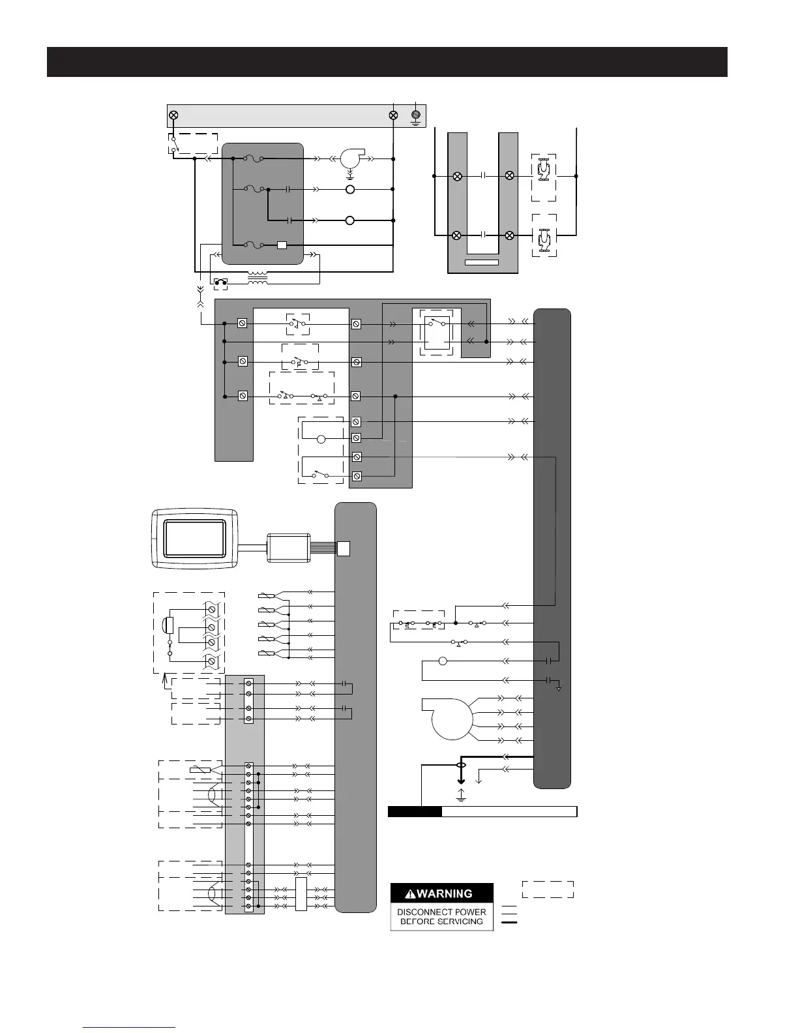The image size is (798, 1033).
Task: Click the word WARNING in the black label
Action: pyautogui.click(x=445, y=893)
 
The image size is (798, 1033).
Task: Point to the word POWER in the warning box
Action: pyautogui.click(x=470, y=912)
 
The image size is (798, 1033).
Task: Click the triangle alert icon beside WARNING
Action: pyautogui.click(x=410, y=894)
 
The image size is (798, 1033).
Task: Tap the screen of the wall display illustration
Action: pyautogui.click(x=194, y=539)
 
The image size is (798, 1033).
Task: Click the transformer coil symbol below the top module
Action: pyautogui.click(x=257, y=278)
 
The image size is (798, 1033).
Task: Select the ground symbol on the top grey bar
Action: pyautogui.click(x=415, y=117)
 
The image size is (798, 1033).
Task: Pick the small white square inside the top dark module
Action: pyautogui.click(x=282, y=245)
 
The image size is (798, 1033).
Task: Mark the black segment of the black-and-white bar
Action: pyautogui.click(x=415, y=811)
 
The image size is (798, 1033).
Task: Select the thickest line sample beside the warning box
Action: pyautogui.click(x=509, y=923)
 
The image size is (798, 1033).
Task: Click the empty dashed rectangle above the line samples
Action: pyautogui.click(x=548, y=890)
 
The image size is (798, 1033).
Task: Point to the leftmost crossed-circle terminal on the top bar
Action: pyautogui.click(x=174, y=115)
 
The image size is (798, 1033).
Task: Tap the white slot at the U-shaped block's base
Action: pyautogui.click(x=481, y=262)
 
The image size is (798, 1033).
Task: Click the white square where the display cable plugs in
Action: pyautogui.click(x=343, y=548)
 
